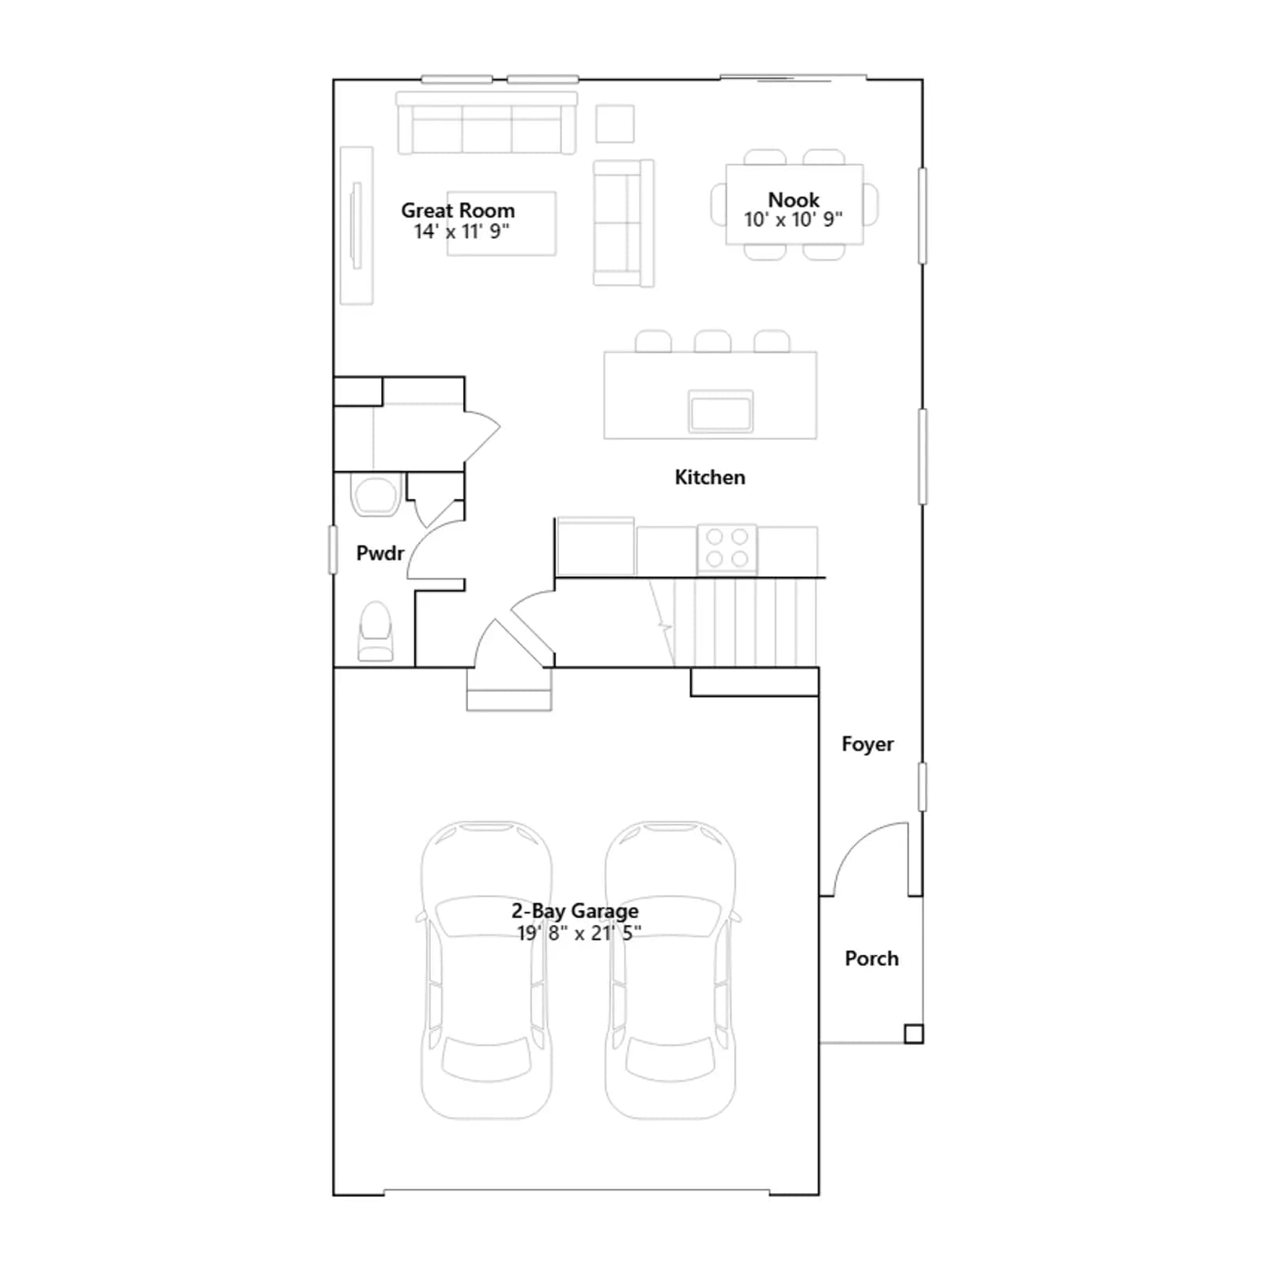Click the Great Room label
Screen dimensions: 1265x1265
458,210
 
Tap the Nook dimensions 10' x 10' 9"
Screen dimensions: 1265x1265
793,220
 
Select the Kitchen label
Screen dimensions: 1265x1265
710,478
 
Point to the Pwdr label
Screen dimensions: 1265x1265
380,553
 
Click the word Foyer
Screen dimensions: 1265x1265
867,744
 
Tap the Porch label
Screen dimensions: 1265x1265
871,958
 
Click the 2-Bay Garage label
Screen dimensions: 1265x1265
575,911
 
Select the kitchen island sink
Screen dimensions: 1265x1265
720,411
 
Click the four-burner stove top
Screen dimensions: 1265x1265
727,548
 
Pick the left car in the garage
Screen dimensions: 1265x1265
485,970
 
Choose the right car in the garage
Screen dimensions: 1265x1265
670,970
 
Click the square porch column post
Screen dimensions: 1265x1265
913,1033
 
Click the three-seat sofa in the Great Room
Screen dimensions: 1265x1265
486,123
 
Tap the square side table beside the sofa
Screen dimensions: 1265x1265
614,124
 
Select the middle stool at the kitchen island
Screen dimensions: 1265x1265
712,342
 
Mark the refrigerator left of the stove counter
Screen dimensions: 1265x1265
595,546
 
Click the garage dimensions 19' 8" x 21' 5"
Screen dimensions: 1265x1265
579,934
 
